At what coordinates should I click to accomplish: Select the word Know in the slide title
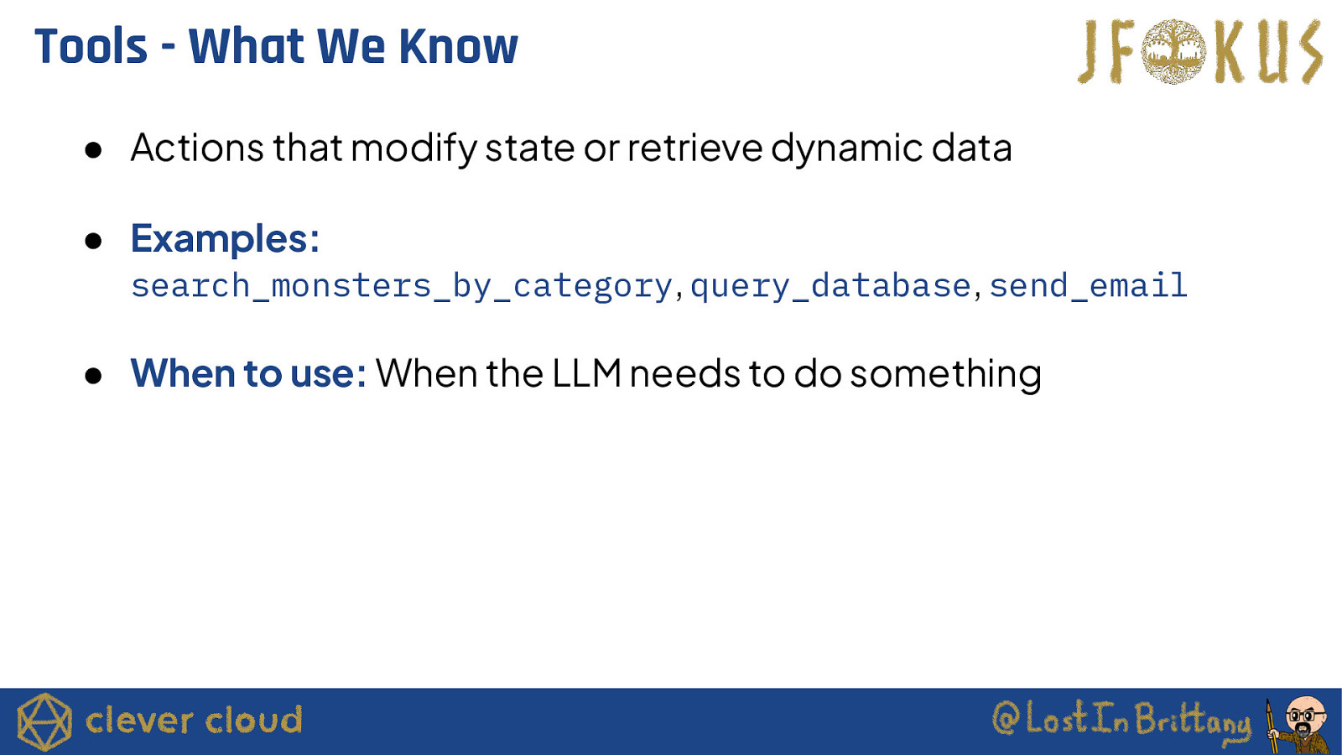tap(459, 46)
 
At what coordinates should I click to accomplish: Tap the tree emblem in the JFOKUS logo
tap(1173, 51)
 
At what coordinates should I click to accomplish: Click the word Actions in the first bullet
tap(197, 148)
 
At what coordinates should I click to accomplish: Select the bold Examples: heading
tap(226, 239)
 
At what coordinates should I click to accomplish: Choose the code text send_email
tap(1088, 285)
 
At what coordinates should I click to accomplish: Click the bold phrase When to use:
tap(248, 373)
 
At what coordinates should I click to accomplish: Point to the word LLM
tap(586, 373)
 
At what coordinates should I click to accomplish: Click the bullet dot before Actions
tap(93, 150)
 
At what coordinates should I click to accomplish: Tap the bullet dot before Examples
tap(93, 241)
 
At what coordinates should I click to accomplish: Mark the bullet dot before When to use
tap(93, 376)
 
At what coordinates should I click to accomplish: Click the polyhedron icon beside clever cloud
tap(44, 721)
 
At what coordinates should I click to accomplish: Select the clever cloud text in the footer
tap(194, 720)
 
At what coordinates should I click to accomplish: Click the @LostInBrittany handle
tap(1121, 719)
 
